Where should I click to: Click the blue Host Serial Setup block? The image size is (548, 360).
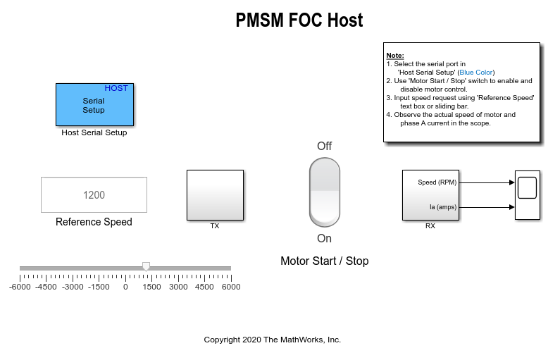pyautogui.click(x=94, y=104)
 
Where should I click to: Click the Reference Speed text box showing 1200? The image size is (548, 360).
pyautogui.click(x=94, y=194)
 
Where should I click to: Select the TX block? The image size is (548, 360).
pyautogui.click(x=216, y=195)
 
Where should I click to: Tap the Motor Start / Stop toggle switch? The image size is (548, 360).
pyautogui.click(x=325, y=192)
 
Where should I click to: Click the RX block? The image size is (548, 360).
pyautogui.click(x=430, y=195)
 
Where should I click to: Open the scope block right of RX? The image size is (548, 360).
pyautogui.click(x=528, y=195)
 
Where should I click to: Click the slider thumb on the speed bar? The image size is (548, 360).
pyautogui.click(x=146, y=267)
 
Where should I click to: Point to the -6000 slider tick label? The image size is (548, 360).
pyautogui.click(x=20, y=287)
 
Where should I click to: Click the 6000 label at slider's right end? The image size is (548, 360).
pyautogui.click(x=231, y=287)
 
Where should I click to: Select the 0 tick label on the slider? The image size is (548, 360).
pyautogui.click(x=125, y=287)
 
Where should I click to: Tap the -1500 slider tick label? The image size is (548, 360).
pyautogui.click(x=99, y=287)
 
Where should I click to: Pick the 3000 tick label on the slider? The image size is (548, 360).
pyautogui.click(x=178, y=287)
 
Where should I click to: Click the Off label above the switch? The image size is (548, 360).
pyautogui.click(x=324, y=146)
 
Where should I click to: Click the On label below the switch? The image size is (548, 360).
pyautogui.click(x=324, y=238)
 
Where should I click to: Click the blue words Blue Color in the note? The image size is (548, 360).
pyautogui.click(x=476, y=73)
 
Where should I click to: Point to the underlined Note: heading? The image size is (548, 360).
pyautogui.click(x=395, y=55)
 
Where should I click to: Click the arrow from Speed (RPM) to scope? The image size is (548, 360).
pyautogui.click(x=487, y=182)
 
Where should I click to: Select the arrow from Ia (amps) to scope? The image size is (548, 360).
pyautogui.click(x=487, y=207)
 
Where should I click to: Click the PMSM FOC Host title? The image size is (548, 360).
pyautogui.click(x=299, y=20)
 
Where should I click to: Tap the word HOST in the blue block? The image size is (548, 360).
pyautogui.click(x=116, y=88)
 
